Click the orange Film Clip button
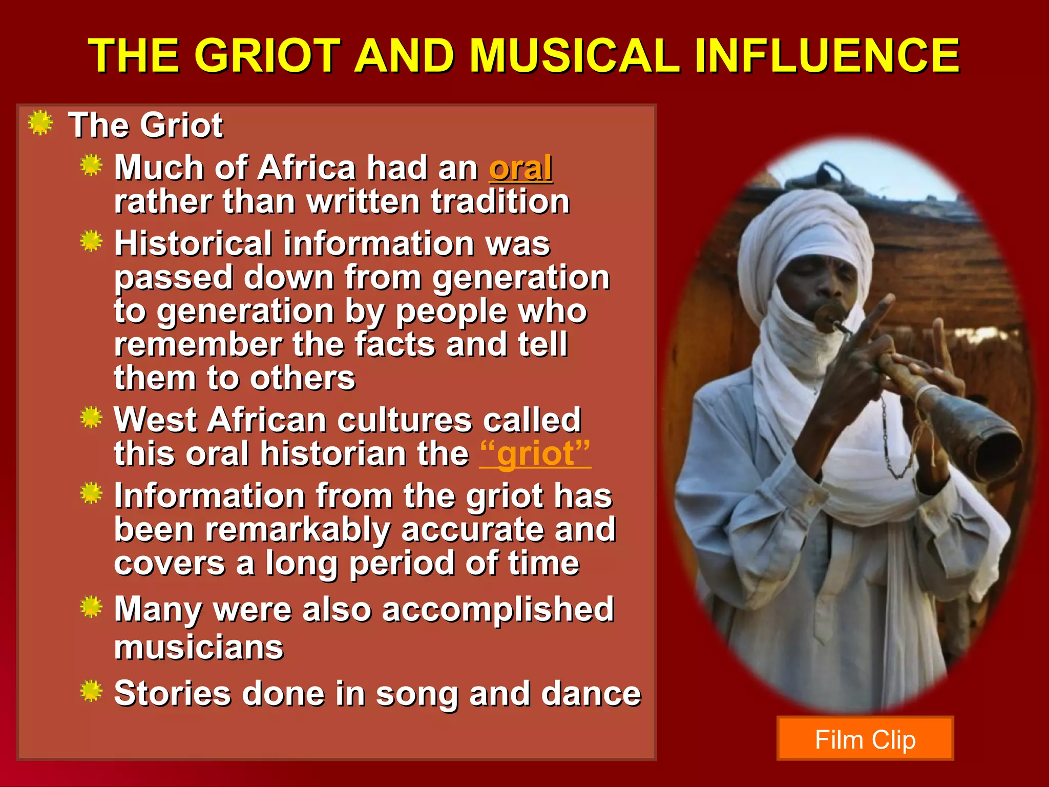(865, 739)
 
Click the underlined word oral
(520, 168)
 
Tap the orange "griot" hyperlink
(535, 454)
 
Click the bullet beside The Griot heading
(40, 123)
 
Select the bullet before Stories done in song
(92, 691)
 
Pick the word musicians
(199, 647)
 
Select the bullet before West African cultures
(92, 418)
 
